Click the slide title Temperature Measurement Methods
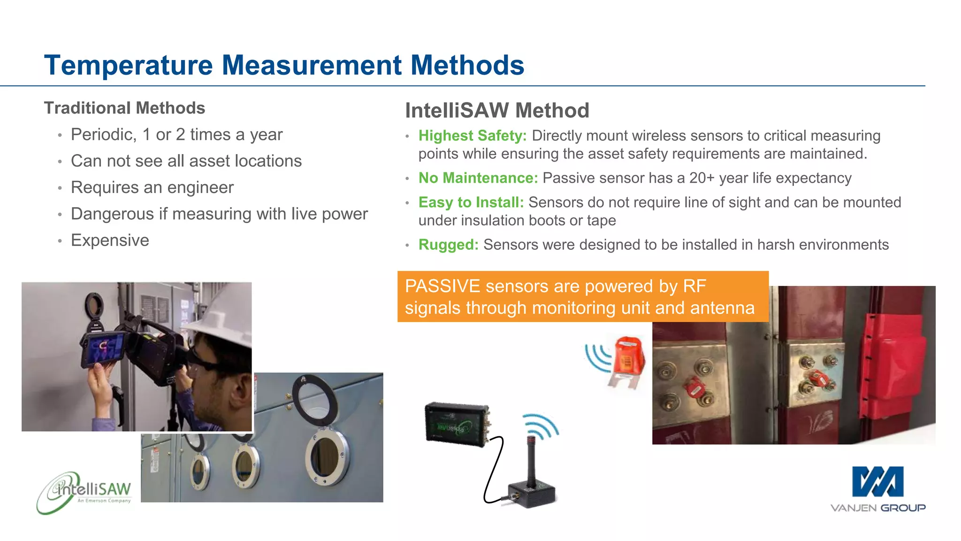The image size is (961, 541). tap(284, 65)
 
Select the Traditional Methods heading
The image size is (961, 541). tap(124, 108)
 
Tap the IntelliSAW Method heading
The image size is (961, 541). tap(497, 110)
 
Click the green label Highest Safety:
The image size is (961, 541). tap(473, 136)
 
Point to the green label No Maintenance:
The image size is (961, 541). tap(478, 178)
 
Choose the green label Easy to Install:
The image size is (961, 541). tap(471, 202)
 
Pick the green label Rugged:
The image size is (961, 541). tap(448, 245)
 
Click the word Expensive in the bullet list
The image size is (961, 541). tap(110, 240)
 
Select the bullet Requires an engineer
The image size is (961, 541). tap(152, 187)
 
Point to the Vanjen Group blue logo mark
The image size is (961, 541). tap(877, 482)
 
